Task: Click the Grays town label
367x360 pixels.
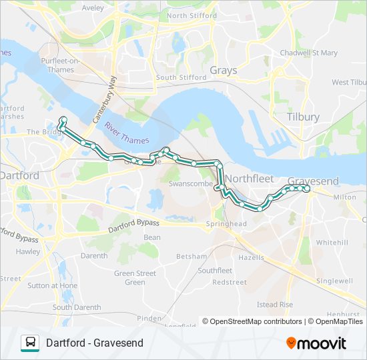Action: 223,70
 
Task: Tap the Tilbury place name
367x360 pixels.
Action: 302,117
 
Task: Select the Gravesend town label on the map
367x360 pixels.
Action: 313,181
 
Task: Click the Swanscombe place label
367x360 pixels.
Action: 190,183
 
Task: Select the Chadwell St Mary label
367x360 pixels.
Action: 309,53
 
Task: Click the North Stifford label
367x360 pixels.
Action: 192,15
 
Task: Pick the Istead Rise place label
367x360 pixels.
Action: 275,305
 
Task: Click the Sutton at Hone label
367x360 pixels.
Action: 52,285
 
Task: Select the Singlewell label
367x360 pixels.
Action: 334,281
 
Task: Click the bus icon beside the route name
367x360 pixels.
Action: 30,343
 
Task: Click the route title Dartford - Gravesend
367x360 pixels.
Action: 95,343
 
